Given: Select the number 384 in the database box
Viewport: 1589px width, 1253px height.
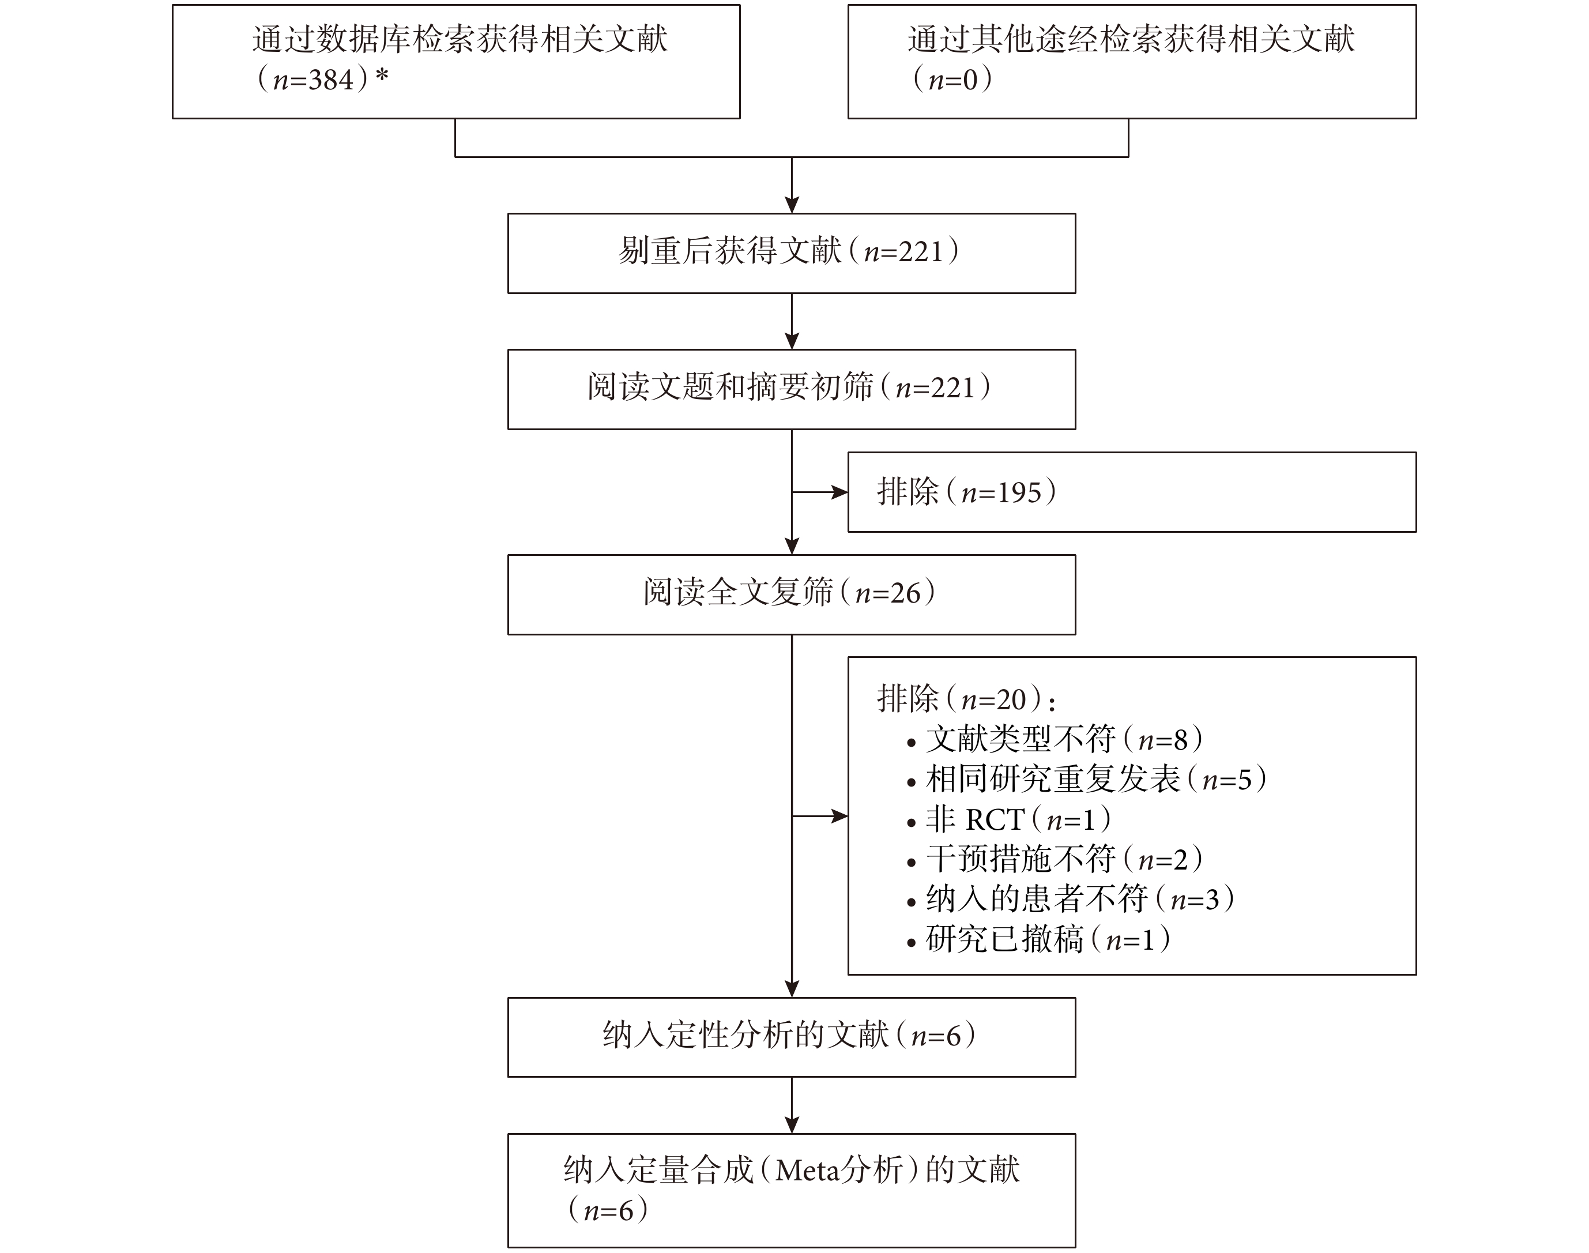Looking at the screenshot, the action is pyautogui.click(x=331, y=79).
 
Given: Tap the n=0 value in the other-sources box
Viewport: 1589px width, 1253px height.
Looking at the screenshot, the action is pyautogui.click(x=953, y=79).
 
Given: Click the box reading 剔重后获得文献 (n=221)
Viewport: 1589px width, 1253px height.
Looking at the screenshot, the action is pyautogui.click(x=792, y=253).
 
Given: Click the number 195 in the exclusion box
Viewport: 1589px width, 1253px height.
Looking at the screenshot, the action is pyautogui.click(x=1018, y=492).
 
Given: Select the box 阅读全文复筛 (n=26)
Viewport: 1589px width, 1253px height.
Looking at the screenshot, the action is pyautogui.click(x=792, y=594).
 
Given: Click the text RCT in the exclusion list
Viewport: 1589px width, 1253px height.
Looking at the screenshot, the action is pyautogui.click(x=995, y=819).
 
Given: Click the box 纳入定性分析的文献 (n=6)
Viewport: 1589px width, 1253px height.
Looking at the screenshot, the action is pyautogui.click(x=792, y=1037).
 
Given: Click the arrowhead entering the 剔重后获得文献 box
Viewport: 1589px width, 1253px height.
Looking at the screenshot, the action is pyautogui.click(x=792, y=205).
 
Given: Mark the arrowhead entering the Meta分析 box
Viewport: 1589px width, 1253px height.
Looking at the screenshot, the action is pyautogui.click(x=792, y=1126).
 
